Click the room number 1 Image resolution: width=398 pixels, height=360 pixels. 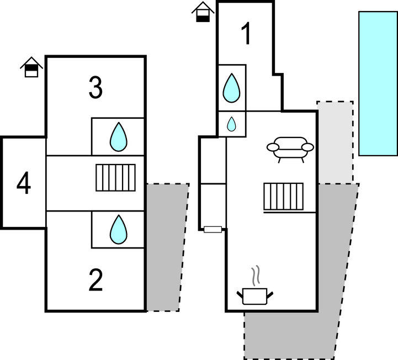(x=246, y=34)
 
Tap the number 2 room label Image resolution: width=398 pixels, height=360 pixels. (x=95, y=281)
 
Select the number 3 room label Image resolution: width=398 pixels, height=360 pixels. (x=95, y=88)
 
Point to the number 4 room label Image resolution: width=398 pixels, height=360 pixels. (x=23, y=183)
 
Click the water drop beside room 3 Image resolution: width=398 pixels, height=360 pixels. (x=118, y=137)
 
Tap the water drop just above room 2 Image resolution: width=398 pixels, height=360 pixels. (x=118, y=230)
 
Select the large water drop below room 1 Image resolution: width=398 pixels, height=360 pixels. (x=232, y=88)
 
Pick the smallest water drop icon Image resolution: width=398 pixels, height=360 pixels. (x=232, y=124)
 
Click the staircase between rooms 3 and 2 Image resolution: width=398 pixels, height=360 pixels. (x=116, y=177)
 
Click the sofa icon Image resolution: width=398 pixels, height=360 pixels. (x=290, y=148)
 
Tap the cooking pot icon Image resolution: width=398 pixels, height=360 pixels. (x=254, y=297)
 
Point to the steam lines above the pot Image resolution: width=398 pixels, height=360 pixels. (x=256, y=275)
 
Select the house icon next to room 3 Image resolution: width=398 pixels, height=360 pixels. (x=31, y=67)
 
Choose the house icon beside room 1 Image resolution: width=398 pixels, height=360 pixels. (x=203, y=12)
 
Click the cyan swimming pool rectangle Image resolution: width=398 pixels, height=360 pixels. (x=378, y=83)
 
